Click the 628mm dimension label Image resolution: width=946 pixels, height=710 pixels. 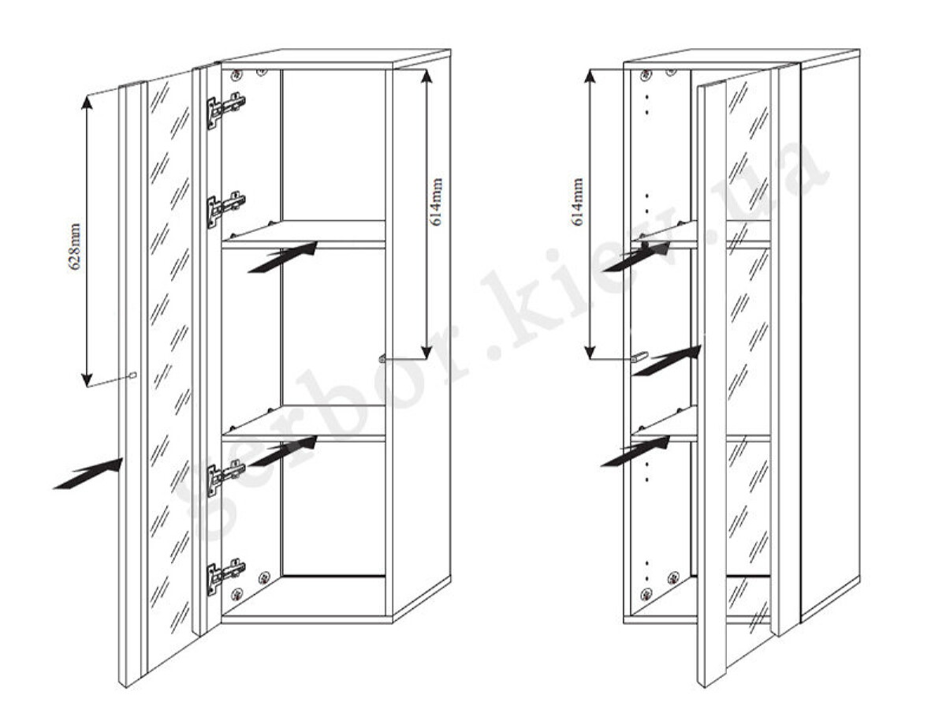coord(75,246)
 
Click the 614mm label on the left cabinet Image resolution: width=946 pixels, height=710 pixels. coord(437,202)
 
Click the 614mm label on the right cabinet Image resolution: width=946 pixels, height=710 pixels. coord(577,202)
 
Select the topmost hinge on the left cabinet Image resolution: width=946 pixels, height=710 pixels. coord(225,110)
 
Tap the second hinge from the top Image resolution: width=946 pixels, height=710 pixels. coord(225,209)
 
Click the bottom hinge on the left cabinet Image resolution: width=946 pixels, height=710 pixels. coord(225,577)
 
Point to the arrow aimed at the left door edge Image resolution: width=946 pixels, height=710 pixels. coord(88,473)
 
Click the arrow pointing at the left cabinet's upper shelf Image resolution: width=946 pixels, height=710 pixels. coord(283,257)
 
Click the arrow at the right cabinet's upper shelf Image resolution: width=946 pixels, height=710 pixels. coord(635,256)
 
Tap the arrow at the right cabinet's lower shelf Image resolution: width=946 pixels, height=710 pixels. coord(635,451)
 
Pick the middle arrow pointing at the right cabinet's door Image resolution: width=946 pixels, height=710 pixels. coord(667,361)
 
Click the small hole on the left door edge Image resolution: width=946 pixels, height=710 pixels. coord(133,375)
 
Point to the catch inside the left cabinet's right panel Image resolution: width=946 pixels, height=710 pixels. coord(382,358)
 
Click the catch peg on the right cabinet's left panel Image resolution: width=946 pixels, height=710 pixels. coord(640,357)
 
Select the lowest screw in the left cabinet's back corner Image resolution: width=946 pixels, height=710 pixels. coord(236,596)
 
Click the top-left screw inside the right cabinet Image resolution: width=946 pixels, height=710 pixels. coord(646,75)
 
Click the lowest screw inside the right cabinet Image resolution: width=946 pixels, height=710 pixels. coord(646,595)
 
